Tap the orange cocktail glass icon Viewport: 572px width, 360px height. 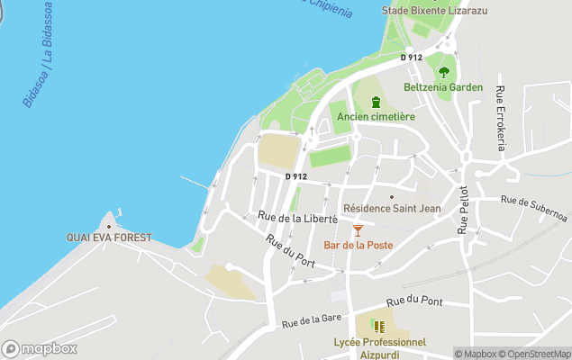pyautogui.click(x=358, y=230)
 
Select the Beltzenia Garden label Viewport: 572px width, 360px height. pyautogui.click(x=443, y=87)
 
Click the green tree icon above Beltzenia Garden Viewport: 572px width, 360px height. pyautogui.click(x=443, y=71)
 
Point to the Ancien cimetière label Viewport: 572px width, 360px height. pyautogui.click(x=376, y=116)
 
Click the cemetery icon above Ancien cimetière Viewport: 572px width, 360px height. pyautogui.click(x=376, y=101)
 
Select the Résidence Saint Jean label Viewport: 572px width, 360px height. pyautogui.click(x=392, y=209)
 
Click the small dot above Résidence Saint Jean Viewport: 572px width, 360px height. pyautogui.click(x=392, y=195)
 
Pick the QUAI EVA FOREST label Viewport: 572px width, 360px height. pyautogui.click(x=109, y=238)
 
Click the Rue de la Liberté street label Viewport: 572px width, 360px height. pyautogui.click(x=297, y=217)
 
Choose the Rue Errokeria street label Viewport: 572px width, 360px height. pyautogui.click(x=501, y=117)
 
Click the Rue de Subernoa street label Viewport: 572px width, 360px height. pyautogui.click(x=534, y=209)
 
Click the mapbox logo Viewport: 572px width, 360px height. pyautogui.click(x=40, y=348)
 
